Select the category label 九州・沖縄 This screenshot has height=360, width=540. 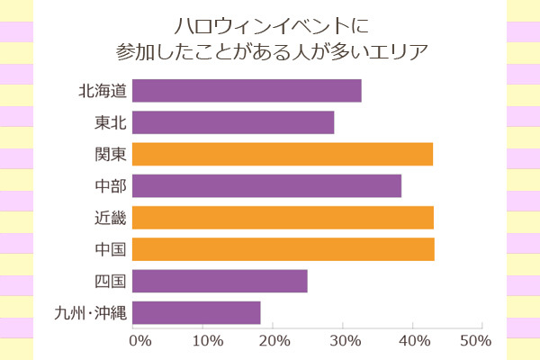(x=90, y=312)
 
